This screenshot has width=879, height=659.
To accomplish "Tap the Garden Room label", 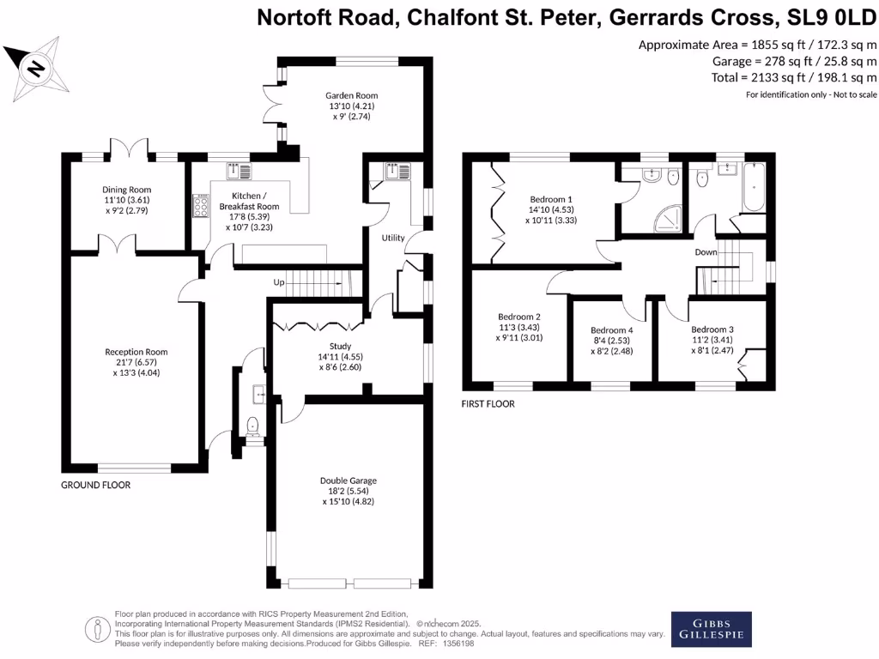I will (351, 95).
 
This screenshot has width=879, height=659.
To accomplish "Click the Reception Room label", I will (136, 352).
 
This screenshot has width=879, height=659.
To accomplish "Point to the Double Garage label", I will (349, 481).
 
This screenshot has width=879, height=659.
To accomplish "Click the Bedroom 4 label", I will (612, 330).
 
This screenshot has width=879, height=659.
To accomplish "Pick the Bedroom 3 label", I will (712, 329).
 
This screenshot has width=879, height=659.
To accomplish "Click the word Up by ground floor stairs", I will (279, 282).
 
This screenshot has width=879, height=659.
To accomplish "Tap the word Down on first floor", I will (706, 253).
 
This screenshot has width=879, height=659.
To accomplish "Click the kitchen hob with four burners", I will (202, 207).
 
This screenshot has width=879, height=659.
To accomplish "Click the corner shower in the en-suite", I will (667, 221).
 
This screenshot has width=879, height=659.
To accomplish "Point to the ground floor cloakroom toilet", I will (252, 426).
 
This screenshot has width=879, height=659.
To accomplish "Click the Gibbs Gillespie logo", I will (711, 629).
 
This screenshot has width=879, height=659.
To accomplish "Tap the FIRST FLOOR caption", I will (488, 403).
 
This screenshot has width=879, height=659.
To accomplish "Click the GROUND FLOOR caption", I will (95, 485).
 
